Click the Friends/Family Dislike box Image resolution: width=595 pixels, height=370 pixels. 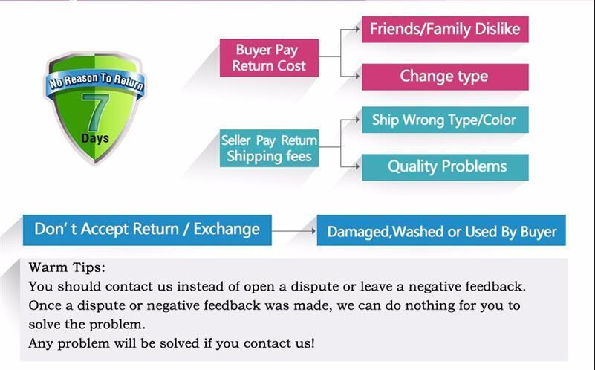click(445, 29)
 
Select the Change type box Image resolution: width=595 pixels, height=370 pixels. click(445, 77)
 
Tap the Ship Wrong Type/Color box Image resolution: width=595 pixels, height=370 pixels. click(445, 120)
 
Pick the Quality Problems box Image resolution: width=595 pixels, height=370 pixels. click(445, 167)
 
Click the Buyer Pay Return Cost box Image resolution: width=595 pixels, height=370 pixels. click(269, 58)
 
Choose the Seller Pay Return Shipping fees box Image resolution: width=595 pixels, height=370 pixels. click(269, 148)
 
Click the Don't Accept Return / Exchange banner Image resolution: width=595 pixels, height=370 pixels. click(147, 230)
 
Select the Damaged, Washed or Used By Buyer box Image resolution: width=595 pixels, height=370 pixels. click(441, 230)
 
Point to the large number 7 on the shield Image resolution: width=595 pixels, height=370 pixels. click(95, 113)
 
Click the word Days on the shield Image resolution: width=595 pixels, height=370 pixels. click(95, 138)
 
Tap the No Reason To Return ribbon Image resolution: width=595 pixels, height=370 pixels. click(95, 82)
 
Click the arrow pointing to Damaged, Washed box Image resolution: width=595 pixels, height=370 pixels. click(293, 231)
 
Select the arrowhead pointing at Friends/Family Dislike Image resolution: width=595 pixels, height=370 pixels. click(357, 29)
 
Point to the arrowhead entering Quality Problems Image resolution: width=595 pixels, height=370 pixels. click(357, 166)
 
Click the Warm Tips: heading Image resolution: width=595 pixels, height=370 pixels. click(67, 267)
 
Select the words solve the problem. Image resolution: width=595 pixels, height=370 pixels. click(87, 325)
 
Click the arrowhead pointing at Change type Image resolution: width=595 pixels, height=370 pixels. click(357, 77)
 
